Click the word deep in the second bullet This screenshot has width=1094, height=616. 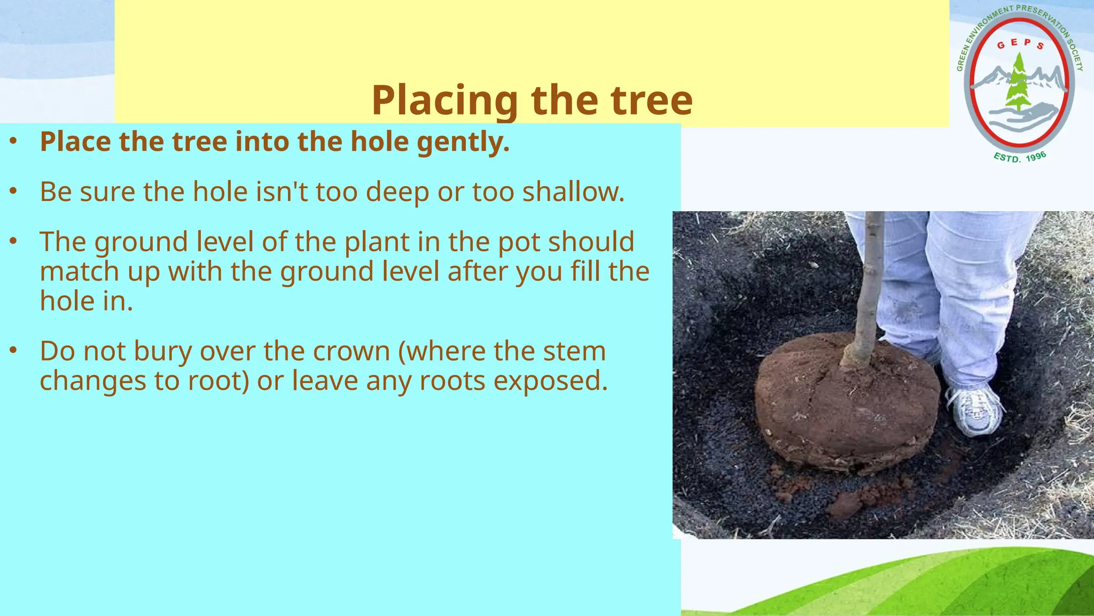pos(397,192)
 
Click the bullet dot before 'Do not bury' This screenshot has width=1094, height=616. pos(14,351)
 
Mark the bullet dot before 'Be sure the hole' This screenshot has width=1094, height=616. pos(14,191)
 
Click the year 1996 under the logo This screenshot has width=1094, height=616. pos(1036,157)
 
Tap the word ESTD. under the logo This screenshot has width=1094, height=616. pos(1006,158)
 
